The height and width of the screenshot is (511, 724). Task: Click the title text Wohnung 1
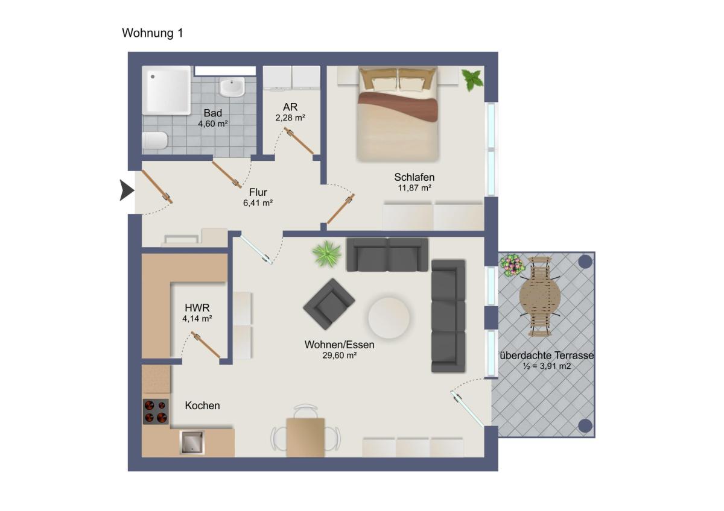[153, 33]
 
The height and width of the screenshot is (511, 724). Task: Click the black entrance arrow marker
[127, 190]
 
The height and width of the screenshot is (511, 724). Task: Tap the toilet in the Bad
[155, 140]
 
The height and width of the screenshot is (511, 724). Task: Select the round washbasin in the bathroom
[232, 87]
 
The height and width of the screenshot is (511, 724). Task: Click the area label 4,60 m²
[213, 124]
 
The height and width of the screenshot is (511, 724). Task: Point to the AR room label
[290, 107]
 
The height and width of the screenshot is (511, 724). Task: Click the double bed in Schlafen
[398, 113]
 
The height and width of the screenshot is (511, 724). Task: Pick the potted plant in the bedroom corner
[472, 80]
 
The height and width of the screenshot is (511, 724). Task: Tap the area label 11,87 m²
[414, 187]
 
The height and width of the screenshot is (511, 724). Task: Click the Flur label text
[258, 192]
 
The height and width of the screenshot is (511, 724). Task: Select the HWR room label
[197, 308]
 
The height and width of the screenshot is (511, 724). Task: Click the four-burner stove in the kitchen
[156, 412]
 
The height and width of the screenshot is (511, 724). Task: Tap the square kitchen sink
[192, 442]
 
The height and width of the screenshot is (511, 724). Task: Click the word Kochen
[202, 406]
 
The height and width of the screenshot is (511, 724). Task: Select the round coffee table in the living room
[389, 318]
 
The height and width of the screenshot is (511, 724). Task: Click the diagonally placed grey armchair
[329, 304]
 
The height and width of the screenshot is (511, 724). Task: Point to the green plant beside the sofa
[327, 254]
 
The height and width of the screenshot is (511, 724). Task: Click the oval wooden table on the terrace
[540, 297]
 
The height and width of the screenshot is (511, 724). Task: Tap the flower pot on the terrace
[513, 265]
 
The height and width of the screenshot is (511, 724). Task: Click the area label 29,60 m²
[339, 356]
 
